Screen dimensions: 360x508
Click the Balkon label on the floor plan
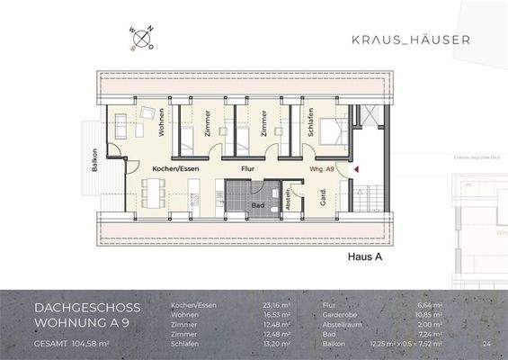point(93,164)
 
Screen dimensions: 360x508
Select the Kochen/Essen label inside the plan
point(174,168)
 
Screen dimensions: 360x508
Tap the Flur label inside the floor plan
point(248,168)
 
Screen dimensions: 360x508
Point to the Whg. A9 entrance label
point(322,168)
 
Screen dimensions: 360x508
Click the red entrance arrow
point(356,168)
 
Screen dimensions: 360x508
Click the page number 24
point(486,344)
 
